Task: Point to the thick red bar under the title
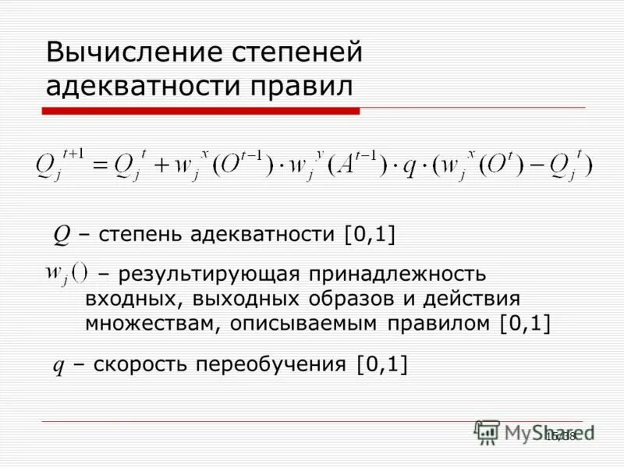200,112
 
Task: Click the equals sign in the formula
100,164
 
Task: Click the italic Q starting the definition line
60,234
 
